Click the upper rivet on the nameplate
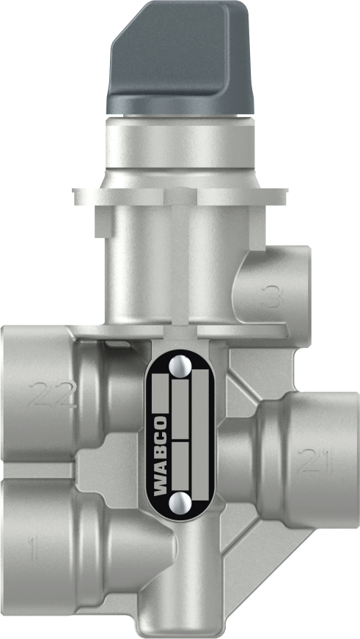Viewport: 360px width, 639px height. [180, 364]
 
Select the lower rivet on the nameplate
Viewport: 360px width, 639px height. [180, 502]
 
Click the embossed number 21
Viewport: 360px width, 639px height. [315, 461]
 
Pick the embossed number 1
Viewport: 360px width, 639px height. [31, 550]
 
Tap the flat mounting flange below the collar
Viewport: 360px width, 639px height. [180, 196]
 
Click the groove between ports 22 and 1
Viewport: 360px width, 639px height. [44, 470]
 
